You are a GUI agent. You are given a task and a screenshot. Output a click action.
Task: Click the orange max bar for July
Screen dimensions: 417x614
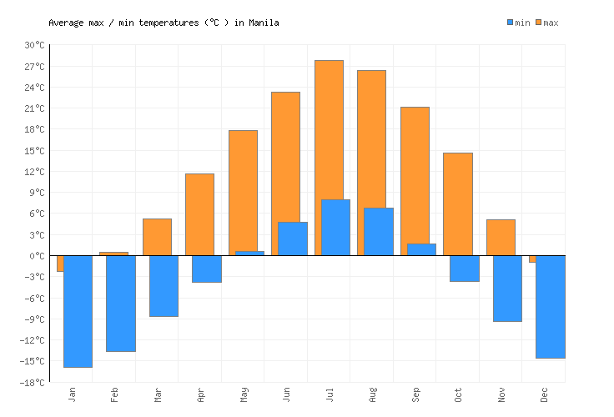tap(329, 125)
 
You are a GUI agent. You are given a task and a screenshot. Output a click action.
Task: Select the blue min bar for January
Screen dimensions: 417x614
tap(78, 311)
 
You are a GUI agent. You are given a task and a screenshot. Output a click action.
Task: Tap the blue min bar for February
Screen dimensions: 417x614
tap(121, 303)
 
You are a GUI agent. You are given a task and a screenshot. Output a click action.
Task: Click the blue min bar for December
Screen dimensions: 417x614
tap(551, 306)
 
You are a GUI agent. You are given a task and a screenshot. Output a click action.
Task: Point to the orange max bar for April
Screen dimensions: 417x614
tap(199, 214)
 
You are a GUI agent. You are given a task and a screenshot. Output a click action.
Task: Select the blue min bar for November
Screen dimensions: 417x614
tap(507, 288)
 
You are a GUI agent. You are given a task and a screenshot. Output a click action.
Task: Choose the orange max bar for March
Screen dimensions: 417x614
tap(157, 236)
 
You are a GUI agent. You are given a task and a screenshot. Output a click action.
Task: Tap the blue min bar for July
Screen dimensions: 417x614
tap(335, 227)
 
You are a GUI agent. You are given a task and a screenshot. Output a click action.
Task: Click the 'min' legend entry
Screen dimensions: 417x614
tap(518, 23)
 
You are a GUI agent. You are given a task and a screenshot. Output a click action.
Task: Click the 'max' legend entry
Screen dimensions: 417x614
tap(546, 23)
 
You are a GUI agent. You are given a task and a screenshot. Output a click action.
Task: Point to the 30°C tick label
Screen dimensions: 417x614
tap(34, 45)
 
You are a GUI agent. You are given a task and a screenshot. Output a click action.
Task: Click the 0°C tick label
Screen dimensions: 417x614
tap(37, 256)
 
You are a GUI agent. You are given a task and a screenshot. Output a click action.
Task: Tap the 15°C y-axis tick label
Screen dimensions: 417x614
tap(34, 151)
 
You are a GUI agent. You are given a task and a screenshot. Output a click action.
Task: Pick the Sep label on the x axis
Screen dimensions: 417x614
tap(415, 393)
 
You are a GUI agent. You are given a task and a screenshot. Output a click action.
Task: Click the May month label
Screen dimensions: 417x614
tap(243, 393)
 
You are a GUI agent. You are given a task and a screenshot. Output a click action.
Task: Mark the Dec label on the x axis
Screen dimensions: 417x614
tap(544, 393)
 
